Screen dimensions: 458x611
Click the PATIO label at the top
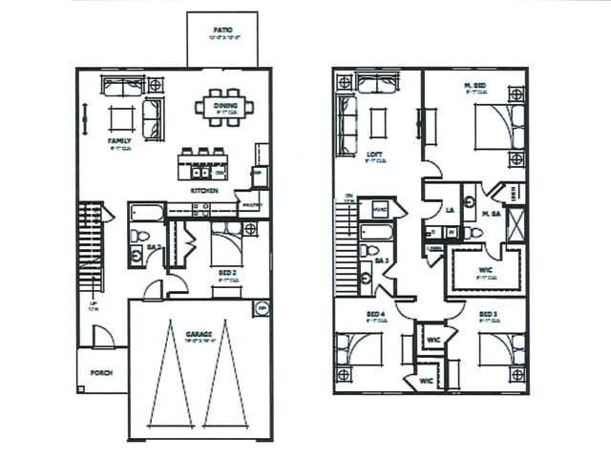221,31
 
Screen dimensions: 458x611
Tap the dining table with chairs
225,106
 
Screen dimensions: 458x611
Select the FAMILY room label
119,141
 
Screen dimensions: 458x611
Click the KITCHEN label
204,191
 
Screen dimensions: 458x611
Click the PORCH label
102,373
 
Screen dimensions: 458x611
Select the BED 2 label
227,272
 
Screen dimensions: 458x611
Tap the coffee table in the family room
121,118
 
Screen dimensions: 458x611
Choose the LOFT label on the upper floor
374,155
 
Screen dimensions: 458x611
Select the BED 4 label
374,314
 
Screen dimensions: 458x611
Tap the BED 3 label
488,314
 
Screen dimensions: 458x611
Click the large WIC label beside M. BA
485,270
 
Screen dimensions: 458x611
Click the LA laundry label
450,210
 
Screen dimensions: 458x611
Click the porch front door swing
103,336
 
